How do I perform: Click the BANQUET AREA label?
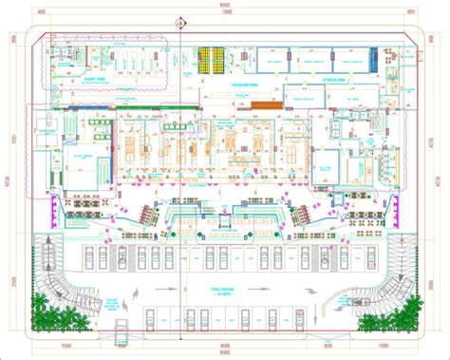pos(92,80)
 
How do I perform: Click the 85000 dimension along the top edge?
pos(224,5)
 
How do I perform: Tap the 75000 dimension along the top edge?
pos(224,12)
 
